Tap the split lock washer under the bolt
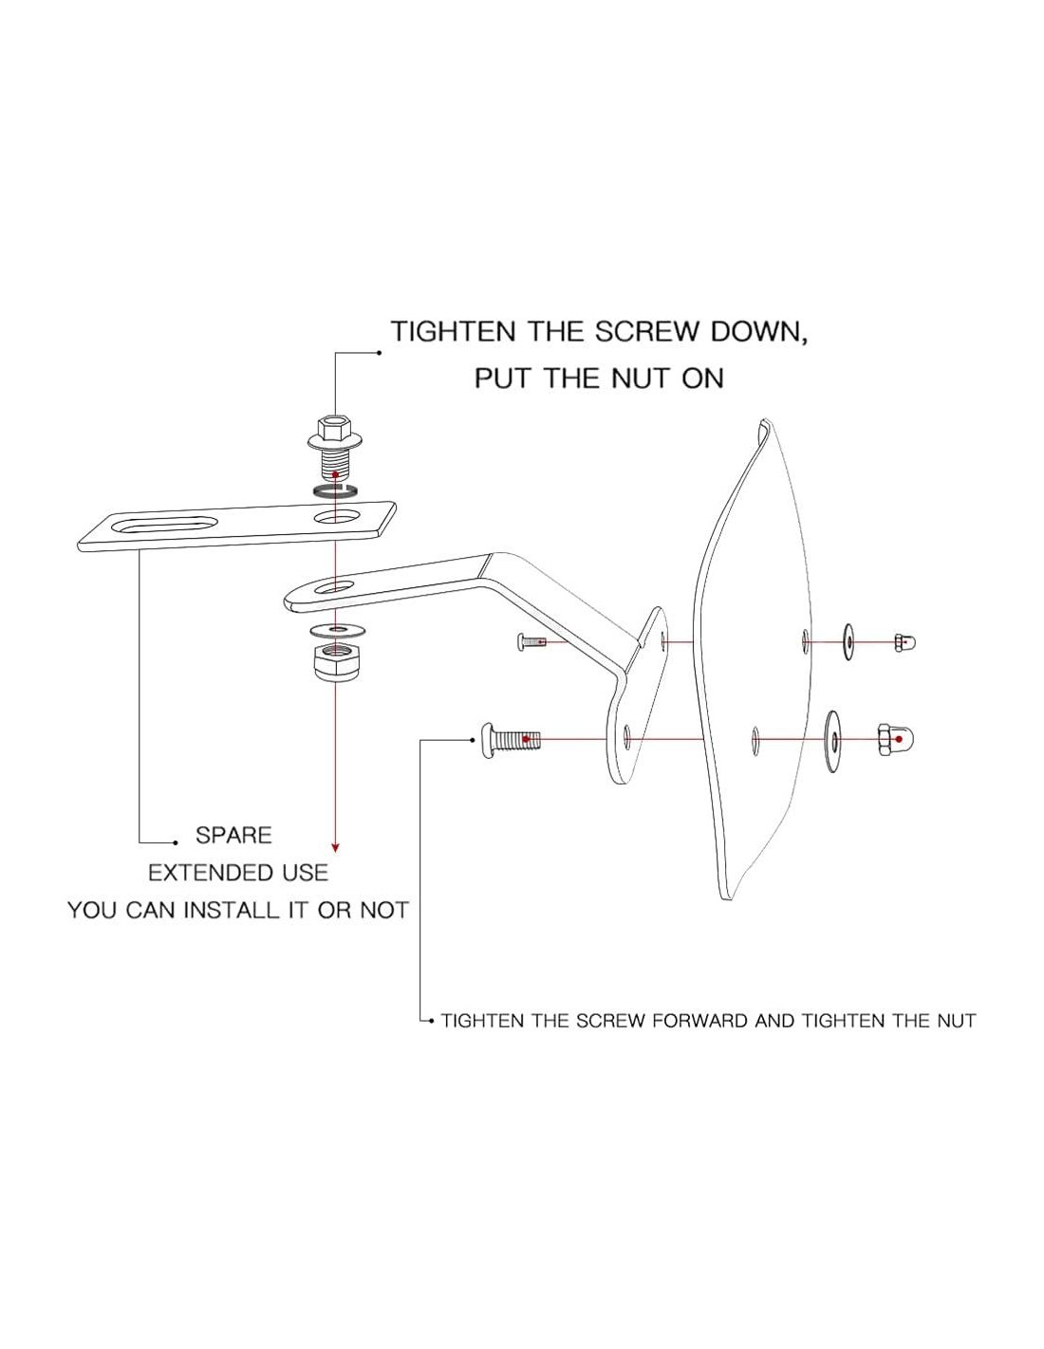(x=334, y=490)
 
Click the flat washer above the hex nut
(x=334, y=630)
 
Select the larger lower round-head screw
(x=508, y=739)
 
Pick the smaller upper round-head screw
(x=532, y=642)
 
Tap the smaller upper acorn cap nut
(x=904, y=643)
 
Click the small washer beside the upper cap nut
(x=846, y=642)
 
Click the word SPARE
(x=233, y=836)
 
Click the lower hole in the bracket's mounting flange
(x=627, y=736)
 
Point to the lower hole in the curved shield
(x=755, y=737)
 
